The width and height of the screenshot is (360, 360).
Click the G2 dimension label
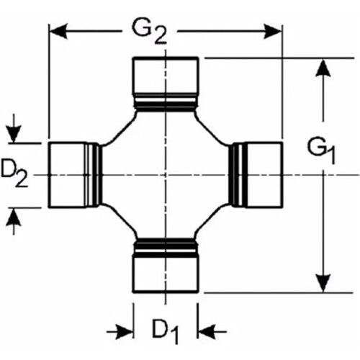(149, 33)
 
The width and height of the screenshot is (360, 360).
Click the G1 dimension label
(321, 151)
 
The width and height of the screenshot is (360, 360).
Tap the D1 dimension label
(166, 330)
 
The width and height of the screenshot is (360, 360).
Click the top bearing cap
(166, 76)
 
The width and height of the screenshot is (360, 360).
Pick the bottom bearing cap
(166, 274)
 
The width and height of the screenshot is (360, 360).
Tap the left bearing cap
(68, 175)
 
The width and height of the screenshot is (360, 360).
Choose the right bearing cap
(264, 175)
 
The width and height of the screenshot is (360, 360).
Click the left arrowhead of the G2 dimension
(58, 31)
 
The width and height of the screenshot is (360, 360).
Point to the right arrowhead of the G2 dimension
(273, 31)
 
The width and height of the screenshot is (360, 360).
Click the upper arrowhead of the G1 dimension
(323, 68)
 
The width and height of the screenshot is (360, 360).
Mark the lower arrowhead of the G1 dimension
(323, 284)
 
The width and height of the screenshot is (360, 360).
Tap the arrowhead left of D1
(125, 332)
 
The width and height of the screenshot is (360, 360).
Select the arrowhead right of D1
(207, 332)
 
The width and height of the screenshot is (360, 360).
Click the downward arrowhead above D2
(14, 134)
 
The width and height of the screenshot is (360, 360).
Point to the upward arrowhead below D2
(14, 217)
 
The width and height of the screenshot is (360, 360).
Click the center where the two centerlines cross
(166, 175)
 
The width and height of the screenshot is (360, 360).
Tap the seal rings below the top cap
(166, 102)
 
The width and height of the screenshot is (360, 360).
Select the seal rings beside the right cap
(238, 175)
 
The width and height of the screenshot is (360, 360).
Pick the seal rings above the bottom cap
(166, 247)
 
